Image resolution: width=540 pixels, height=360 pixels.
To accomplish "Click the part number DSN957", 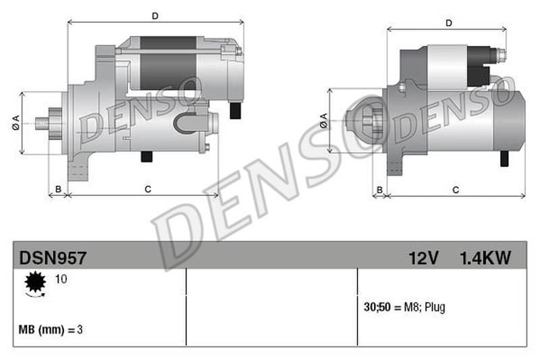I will click(53, 258).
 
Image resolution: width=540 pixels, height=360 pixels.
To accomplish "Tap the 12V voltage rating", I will click(423, 258).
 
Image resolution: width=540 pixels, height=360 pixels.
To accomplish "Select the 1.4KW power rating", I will click(485, 258).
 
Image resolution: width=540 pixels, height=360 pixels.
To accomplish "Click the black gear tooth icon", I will click(34, 282).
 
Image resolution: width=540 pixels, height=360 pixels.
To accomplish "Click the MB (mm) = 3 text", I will click(51, 330).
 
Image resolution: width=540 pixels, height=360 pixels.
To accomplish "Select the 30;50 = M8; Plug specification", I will click(404, 307).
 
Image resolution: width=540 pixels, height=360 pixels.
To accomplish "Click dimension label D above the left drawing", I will click(155, 15).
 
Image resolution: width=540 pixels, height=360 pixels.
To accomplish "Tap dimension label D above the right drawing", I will click(448, 24).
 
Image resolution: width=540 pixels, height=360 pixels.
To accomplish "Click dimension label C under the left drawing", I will click(147, 189).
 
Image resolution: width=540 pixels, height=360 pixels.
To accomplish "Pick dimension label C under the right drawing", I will click(456, 190).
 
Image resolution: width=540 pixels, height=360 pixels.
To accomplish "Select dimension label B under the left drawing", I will click(58, 189).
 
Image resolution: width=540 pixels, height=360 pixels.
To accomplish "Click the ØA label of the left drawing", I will click(14, 123).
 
